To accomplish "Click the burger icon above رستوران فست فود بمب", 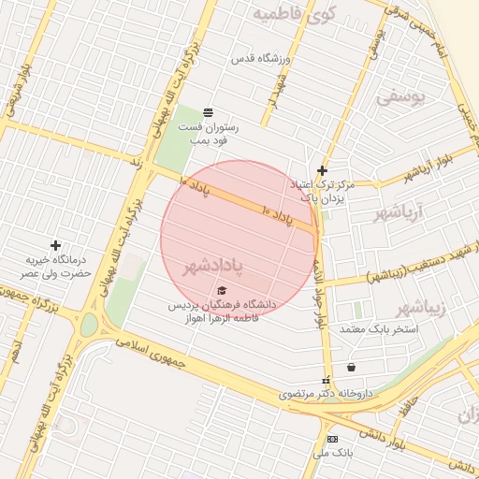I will click(207, 111).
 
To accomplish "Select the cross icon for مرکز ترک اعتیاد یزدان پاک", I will click(322, 170).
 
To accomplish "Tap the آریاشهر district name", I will click(399, 212).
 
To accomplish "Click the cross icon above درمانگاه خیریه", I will click(55, 244).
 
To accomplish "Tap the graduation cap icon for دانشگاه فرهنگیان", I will click(222, 290).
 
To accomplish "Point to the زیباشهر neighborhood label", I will click(415, 308).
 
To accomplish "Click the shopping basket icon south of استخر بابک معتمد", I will click(351, 368).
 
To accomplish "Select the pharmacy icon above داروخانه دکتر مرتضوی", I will click(326, 381).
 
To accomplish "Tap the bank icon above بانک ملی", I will click(332, 439).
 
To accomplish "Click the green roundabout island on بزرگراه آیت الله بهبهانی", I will click(89, 325).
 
